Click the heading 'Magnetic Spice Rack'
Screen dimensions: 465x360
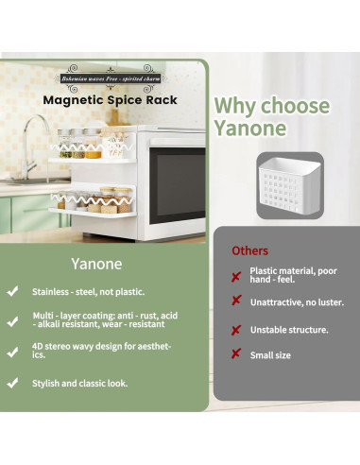[x=110, y=99]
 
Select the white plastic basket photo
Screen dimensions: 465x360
[x=287, y=184]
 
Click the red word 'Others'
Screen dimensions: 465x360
[x=250, y=250]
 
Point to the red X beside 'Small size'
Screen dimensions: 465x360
[x=235, y=354]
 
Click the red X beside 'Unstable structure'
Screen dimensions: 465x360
[x=235, y=330]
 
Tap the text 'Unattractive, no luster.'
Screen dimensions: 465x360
[x=297, y=302]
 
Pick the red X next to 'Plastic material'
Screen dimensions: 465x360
[x=235, y=276]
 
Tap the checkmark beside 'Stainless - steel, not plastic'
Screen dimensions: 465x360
[x=12, y=292]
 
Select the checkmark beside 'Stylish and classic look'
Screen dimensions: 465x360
[x=12, y=383]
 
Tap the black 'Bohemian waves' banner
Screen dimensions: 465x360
[x=113, y=79]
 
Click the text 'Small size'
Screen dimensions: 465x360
[x=270, y=355]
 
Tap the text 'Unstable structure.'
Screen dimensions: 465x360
[x=289, y=330]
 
